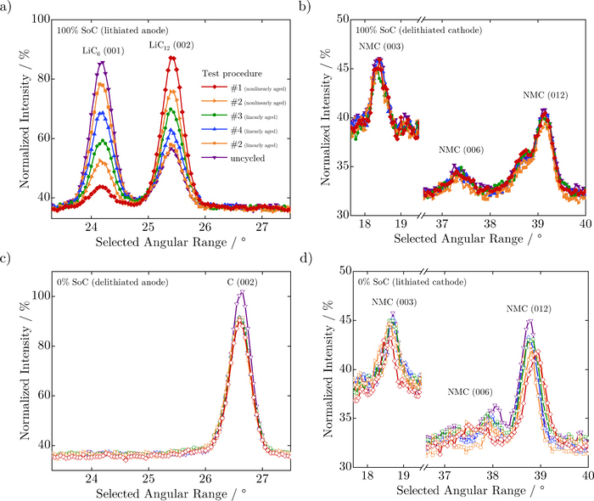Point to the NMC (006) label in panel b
461,150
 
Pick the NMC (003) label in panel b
378,48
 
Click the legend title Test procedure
230,71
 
